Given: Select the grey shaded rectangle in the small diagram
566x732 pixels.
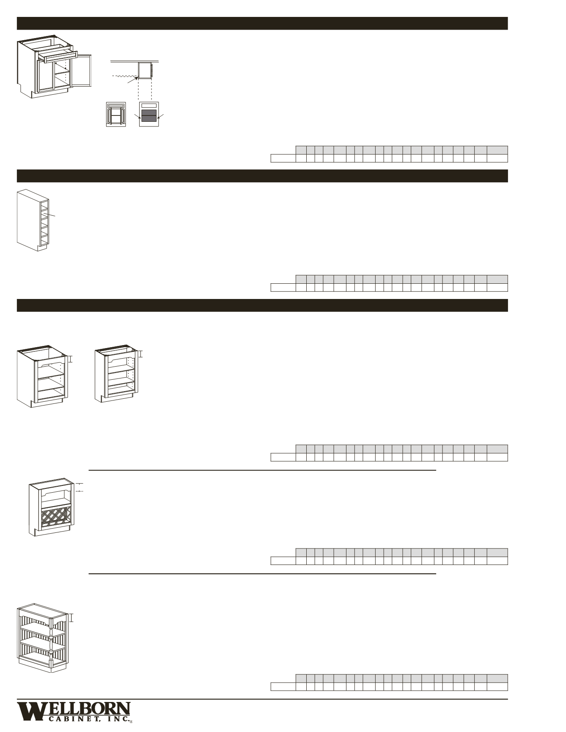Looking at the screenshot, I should (149, 116).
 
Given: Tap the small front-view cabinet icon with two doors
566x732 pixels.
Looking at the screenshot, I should (116, 114).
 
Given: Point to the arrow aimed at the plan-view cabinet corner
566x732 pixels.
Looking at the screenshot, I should (133, 80).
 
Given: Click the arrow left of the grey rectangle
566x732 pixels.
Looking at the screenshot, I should (137, 115).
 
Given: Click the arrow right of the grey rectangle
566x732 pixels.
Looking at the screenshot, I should (160, 115).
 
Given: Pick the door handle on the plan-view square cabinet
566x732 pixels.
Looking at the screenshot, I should (158, 71).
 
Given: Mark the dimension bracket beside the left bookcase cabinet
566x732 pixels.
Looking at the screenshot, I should (71, 359).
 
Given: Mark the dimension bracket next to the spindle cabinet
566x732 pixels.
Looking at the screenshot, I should (72, 618).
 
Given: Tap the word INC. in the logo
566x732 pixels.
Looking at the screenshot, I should (118, 719).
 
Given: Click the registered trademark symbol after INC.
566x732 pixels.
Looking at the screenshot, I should (132, 722).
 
